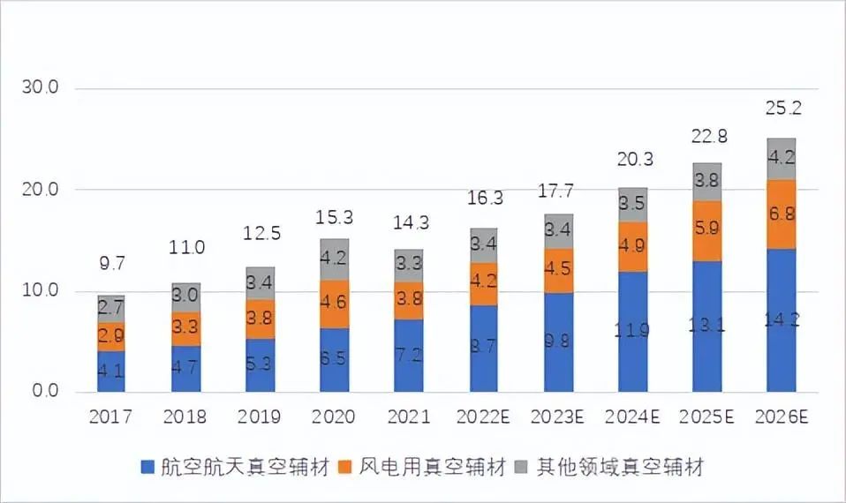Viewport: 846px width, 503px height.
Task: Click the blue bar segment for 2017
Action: (110, 372)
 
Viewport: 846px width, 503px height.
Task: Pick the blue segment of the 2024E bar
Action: (632, 332)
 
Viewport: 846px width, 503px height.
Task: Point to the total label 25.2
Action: (781, 109)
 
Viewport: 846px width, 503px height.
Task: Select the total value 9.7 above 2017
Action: (110, 263)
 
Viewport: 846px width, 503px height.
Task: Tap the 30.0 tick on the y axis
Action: (40, 88)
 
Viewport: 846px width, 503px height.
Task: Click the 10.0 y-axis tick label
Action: (40, 290)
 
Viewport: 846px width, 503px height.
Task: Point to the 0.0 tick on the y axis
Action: (44, 392)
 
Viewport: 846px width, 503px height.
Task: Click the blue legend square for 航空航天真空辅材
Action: (147, 466)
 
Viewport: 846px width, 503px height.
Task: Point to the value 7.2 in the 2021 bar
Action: (408, 356)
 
